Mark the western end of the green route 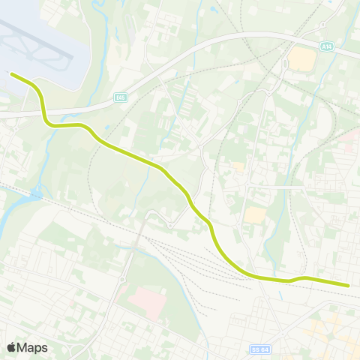pyautogui.click(x=11, y=73)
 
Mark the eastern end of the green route pyautogui.click(x=349, y=285)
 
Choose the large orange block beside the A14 pyautogui.click(x=302, y=58)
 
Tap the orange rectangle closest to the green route pyautogui.click(x=255, y=216)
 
